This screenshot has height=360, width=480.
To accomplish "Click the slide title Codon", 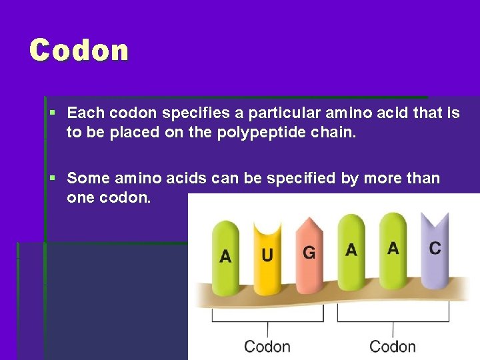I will pyautogui.click(x=79, y=51).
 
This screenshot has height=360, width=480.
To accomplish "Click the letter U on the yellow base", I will pyautogui.click(x=267, y=255).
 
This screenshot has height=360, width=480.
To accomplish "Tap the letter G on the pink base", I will pyautogui.click(x=309, y=253).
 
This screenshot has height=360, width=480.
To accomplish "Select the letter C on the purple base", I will pyautogui.click(x=435, y=248).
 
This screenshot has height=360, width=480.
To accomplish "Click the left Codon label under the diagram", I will pyautogui.click(x=267, y=346).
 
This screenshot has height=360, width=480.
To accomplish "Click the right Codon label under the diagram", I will pyautogui.click(x=393, y=346).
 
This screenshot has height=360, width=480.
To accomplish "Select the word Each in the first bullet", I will pyautogui.click(x=85, y=113).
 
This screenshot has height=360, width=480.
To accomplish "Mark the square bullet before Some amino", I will pyautogui.click(x=53, y=179).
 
